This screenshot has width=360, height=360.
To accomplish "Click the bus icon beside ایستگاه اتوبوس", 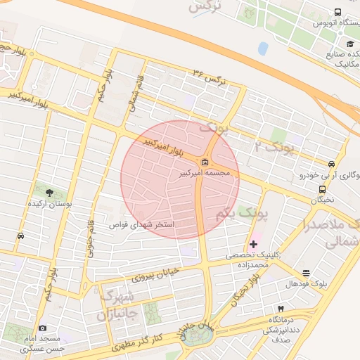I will [x=338, y=13].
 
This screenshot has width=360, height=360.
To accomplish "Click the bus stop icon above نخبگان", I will [x=323, y=189].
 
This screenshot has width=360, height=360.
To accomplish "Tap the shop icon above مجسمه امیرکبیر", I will [x=204, y=162].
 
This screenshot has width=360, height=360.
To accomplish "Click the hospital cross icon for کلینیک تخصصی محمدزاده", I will [x=253, y=244].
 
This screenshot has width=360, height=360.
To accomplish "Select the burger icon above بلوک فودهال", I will [x=306, y=273].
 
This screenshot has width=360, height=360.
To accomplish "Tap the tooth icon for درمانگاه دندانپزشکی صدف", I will [x=281, y=309].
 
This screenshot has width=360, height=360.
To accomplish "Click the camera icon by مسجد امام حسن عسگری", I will [x=42, y=328].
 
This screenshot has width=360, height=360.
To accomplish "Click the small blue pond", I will [x=263, y=49].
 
